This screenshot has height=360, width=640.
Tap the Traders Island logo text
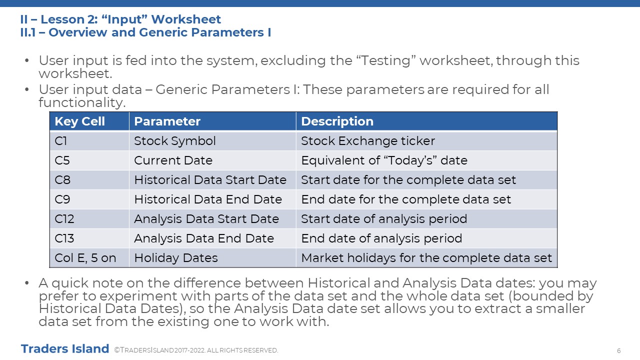[x=65, y=349]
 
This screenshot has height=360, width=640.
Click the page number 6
[x=619, y=351]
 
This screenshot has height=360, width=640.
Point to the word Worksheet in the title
[x=185, y=19]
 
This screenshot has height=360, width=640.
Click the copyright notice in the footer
[x=196, y=350]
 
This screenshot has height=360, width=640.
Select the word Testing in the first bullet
[x=385, y=61]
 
